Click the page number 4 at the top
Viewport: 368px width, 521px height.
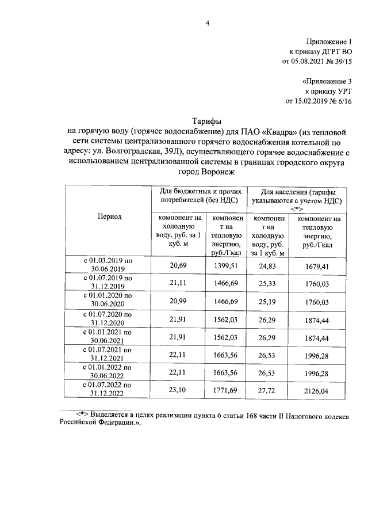tap(208, 22)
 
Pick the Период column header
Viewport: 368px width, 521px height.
tap(108, 216)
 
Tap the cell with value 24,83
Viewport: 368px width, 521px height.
tap(269, 265)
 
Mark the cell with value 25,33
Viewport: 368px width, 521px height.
tap(269, 283)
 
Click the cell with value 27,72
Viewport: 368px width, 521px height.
tap(269, 389)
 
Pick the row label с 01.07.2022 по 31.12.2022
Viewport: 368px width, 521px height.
tap(108, 389)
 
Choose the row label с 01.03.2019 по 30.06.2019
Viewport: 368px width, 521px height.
tap(108, 265)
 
